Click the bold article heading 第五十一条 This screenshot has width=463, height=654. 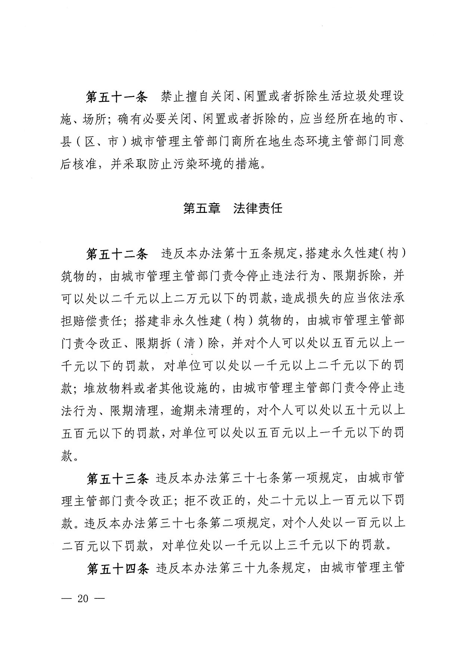117,97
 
